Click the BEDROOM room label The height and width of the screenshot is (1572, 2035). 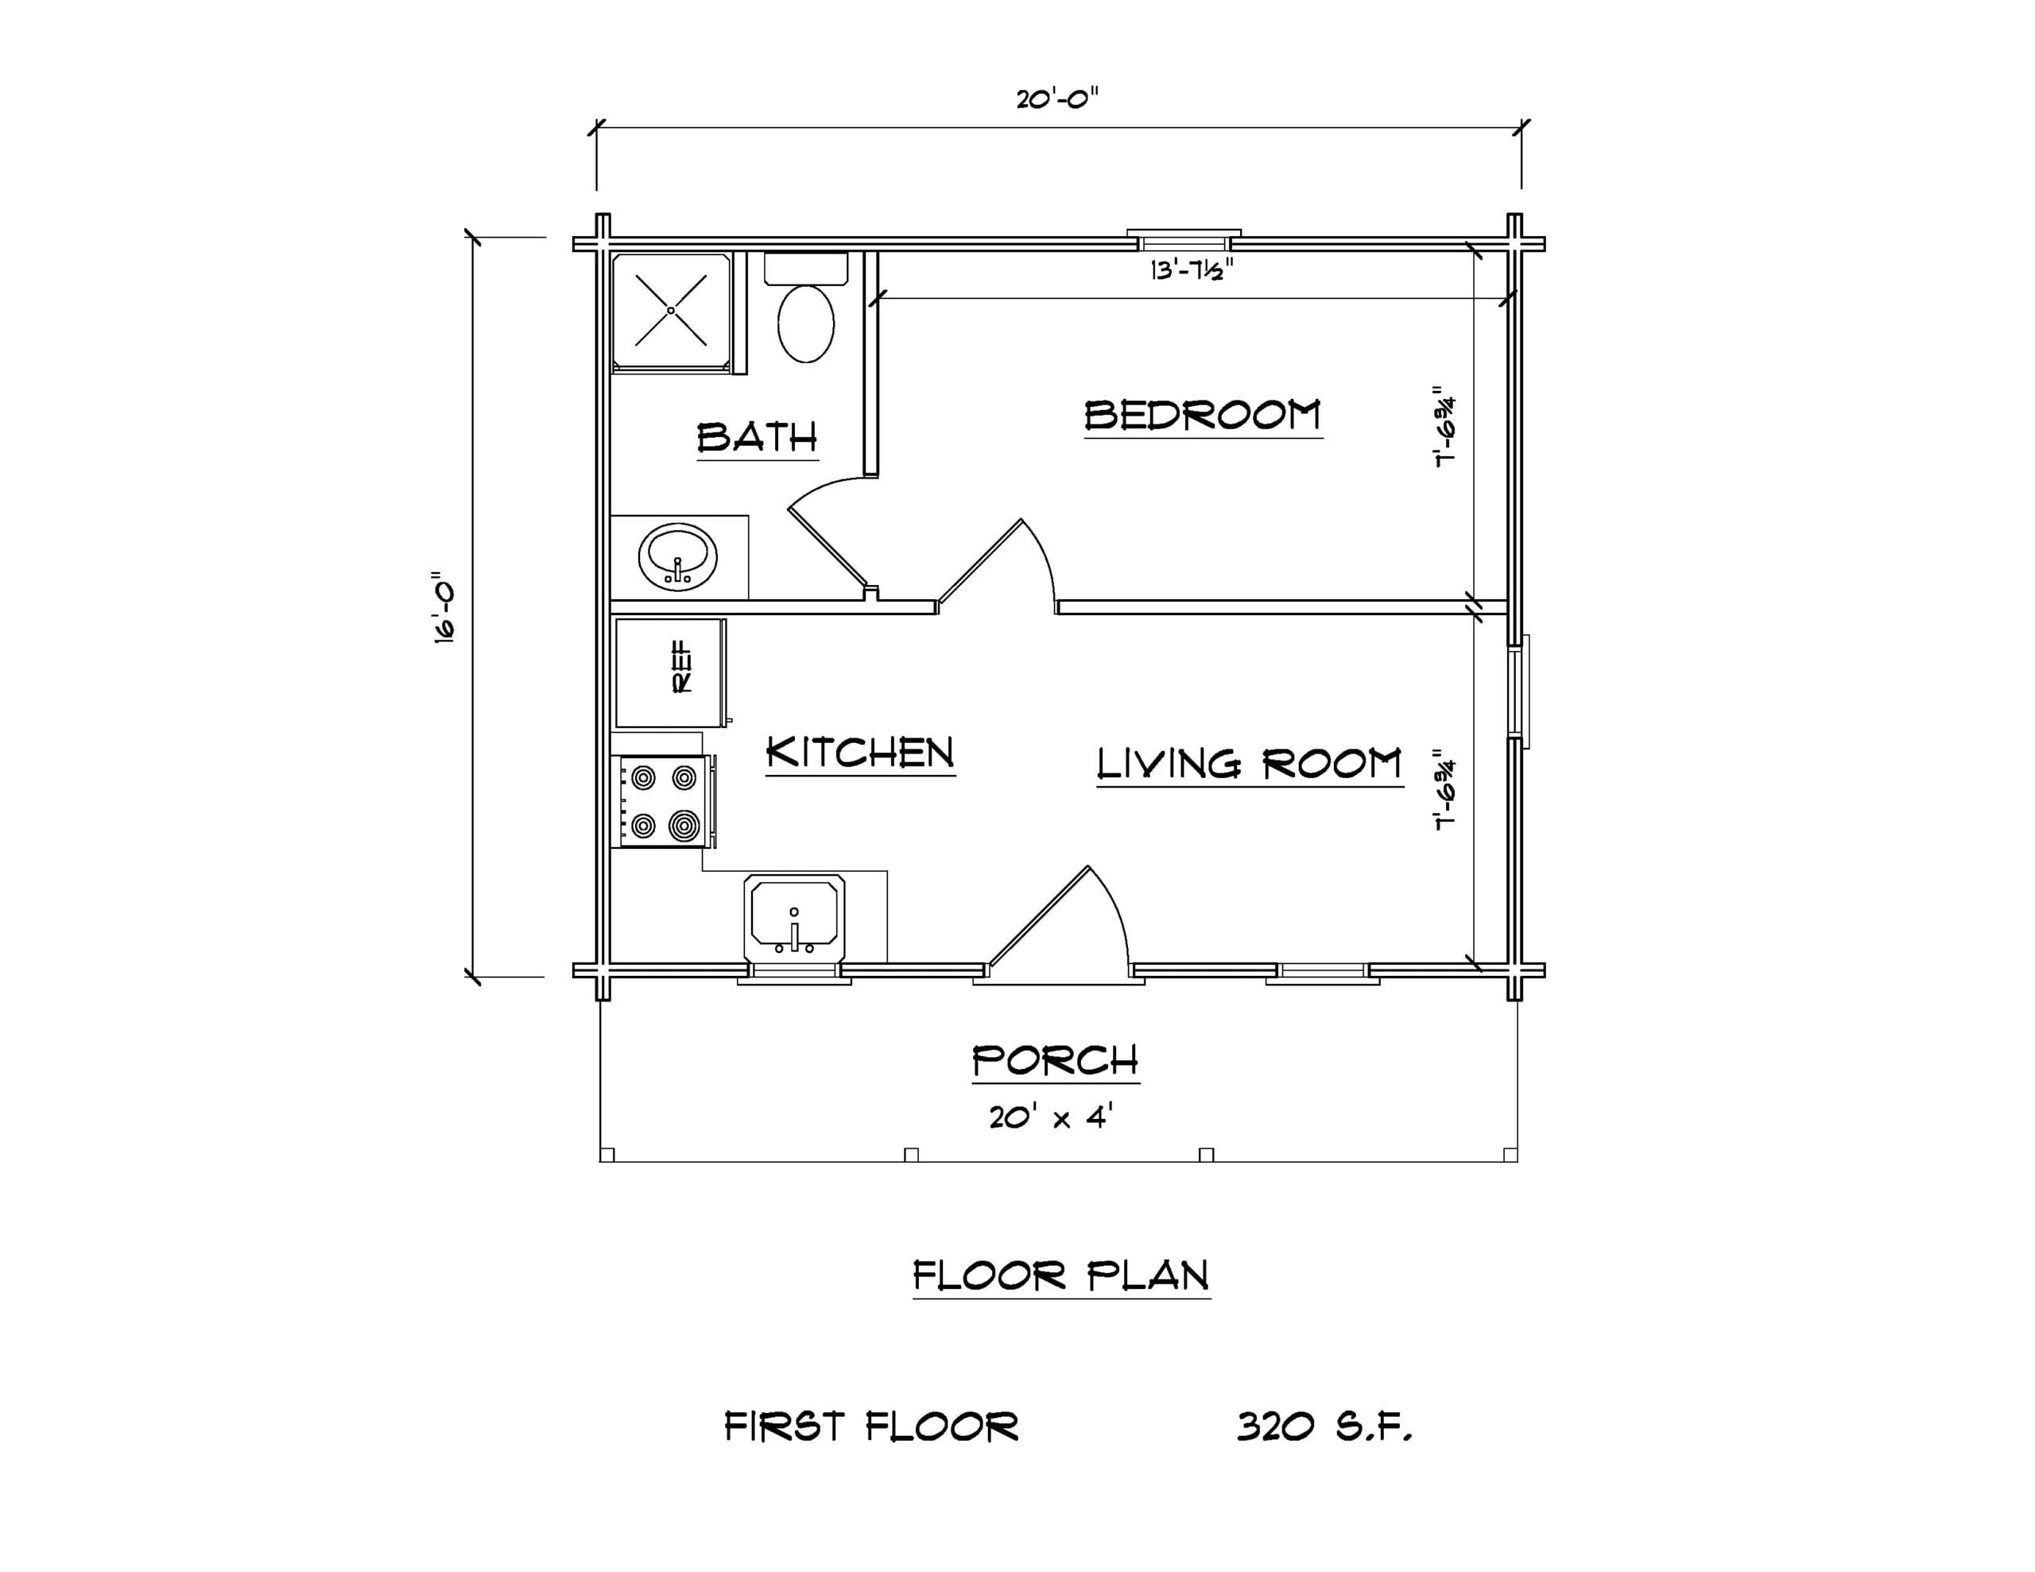pyautogui.click(x=1203, y=415)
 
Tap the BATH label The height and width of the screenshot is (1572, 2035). pyautogui.click(x=757, y=437)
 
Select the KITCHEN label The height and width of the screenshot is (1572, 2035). pyautogui.click(x=860, y=753)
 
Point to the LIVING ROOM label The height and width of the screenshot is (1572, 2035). pyautogui.click(x=1250, y=764)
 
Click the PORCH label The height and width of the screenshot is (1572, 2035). pyautogui.click(x=1056, y=1060)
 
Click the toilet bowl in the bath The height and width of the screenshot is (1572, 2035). pyautogui.click(x=806, y=323)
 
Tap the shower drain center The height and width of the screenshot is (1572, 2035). pyautogui.click(x=671, y=310)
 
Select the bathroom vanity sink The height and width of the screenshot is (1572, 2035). pyautogui.click(x=677, y=556)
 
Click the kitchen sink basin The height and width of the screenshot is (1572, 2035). pyautogui.click(x=794, y=917)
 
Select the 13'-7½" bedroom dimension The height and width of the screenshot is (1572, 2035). pyautogui.click(x=1192, y=270)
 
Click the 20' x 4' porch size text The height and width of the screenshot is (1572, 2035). pyautogui.click(x=1052, y=1115)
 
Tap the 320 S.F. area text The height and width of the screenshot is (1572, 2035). pyautogui.click(x=1324, y=1427)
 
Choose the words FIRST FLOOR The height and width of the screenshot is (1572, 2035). pyautogui.click(x=871, y=1427)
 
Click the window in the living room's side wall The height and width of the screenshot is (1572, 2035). pyautogui.click(x=1520, y=691)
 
